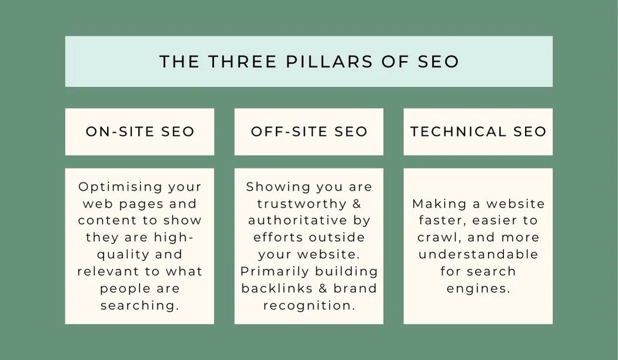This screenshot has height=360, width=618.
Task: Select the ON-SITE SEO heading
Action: point(140,131)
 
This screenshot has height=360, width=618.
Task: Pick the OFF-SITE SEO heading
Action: point(309,131)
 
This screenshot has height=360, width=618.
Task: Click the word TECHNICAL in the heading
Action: point(453,131)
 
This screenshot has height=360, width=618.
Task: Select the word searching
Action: point(139,306)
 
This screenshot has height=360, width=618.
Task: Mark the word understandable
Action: point(479,255)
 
